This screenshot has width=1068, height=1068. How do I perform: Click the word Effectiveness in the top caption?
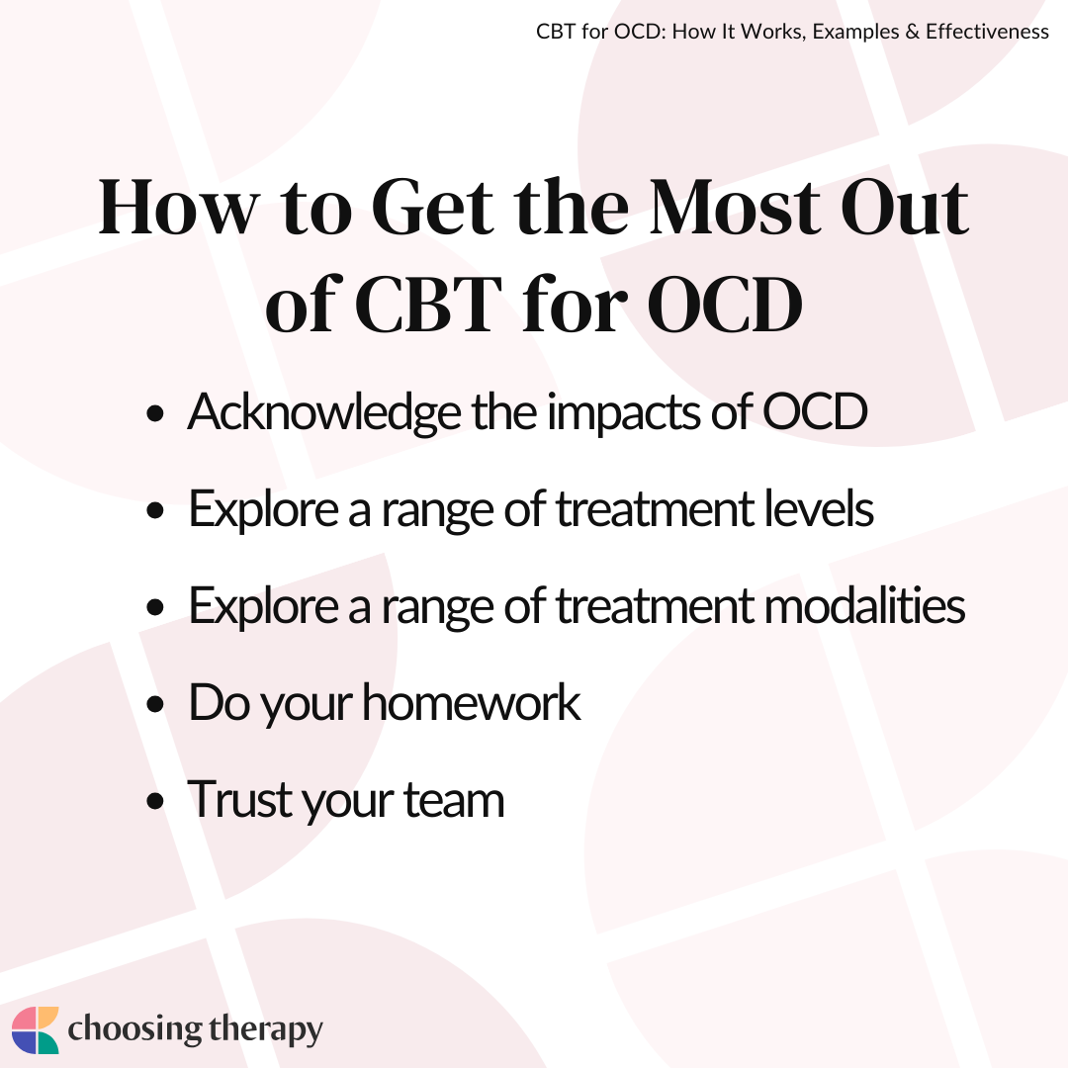click(x=987, y=32)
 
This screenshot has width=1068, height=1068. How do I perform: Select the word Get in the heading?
click(x=432, y=207)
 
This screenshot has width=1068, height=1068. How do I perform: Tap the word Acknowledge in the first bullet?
click(x=324, y=413)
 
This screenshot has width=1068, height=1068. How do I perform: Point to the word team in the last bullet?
click(x=454, y=800)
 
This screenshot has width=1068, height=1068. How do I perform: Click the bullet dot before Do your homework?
click(x=155, y=704)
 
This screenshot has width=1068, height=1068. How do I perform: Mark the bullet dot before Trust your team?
click(x=155, y=801)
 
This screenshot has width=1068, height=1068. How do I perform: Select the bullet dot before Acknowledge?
click(x=155, y=413)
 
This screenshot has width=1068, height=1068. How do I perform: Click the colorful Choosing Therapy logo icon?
click(x=36, y=1029)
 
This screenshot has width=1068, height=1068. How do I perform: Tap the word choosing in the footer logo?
click(x=134, y=1029)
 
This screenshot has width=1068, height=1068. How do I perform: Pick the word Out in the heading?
click(x=905, y=207)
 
